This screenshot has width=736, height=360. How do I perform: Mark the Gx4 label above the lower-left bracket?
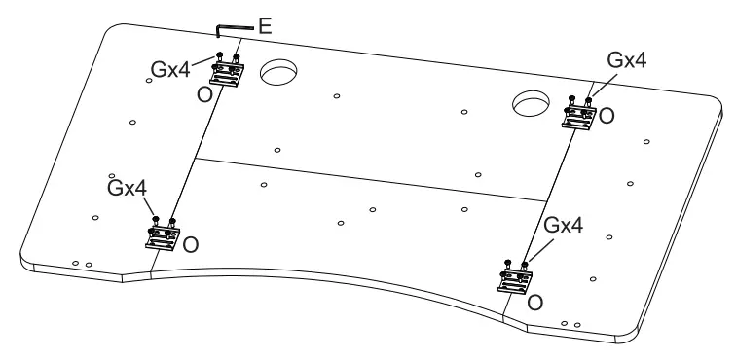(126, 185)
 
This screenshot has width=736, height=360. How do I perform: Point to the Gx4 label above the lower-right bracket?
(563, 225)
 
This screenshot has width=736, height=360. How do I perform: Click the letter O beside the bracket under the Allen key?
(205, 94)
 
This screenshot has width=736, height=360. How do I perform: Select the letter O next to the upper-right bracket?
(607, 116)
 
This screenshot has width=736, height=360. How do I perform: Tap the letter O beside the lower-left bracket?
(191, 245)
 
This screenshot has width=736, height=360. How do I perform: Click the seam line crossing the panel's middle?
(370, 179)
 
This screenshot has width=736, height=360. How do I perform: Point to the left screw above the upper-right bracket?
(571, 98)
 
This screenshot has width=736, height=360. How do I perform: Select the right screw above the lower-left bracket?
(172, 222)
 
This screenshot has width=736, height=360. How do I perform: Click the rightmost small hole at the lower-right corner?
(578, 323)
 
